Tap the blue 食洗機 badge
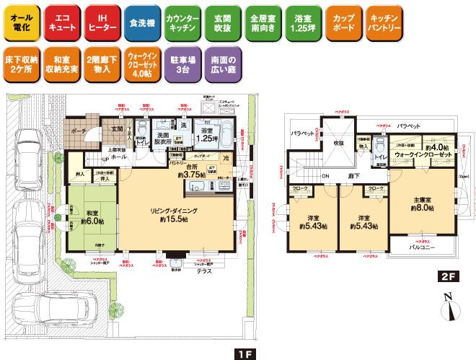pyautogui.click(x=140, y=22)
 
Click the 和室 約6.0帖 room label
pyautogui.click(x=90, y=217)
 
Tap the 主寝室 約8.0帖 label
pyautogui.click(x=423, y=203)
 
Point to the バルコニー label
pyautogui.click(x=421, y=246)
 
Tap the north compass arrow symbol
pyautogui.click(x=448, y=307)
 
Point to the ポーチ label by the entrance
pyautogui.click(x=79, y=131)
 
